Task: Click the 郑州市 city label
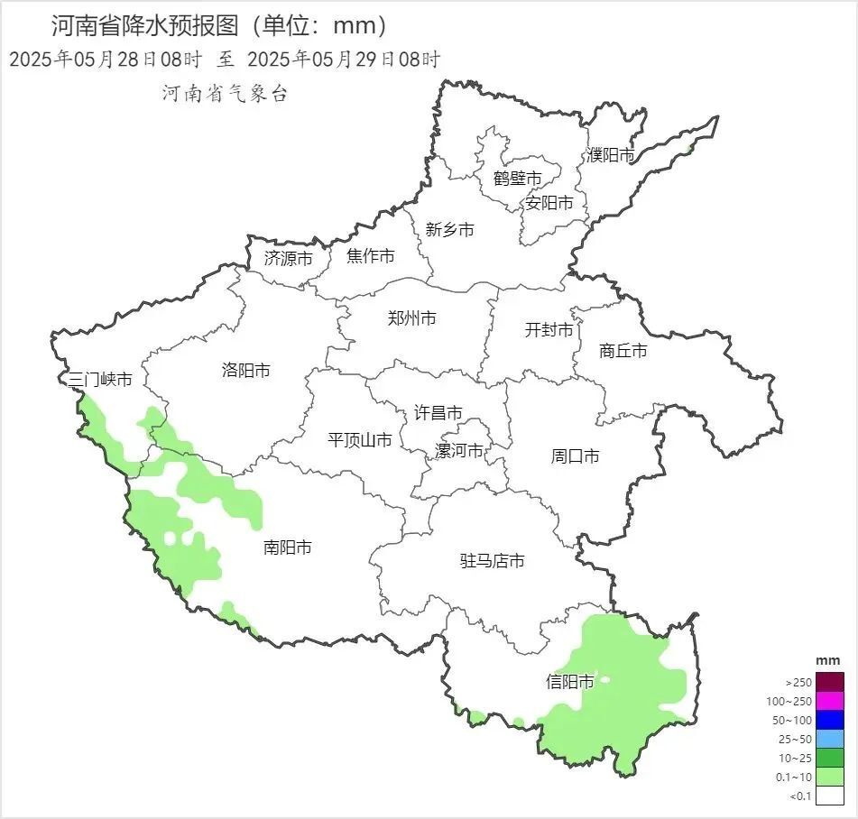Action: (x=411, y=318)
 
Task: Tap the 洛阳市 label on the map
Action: (x=245, y=370)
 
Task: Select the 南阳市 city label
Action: (x=288, y=548)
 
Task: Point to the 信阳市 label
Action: (x=570, y=682)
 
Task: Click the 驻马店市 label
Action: (x=493, y=561)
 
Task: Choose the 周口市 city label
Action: (x=575, y=456)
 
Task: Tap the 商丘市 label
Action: (x=623, y=351)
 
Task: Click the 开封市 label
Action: (x=549, y=330)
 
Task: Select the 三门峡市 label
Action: (x=101, y=380)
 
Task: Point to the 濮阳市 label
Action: (x=611, y=155)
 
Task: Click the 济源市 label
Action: (x=289, y=258)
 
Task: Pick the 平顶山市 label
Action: (x=360, y=440)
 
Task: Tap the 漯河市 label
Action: (x=459, y=450)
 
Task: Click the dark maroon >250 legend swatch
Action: (x=831, y=682)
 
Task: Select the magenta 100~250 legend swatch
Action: (x=831, y=701)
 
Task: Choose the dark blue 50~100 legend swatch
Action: (x=831, y=720)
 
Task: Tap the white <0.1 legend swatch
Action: (x=831, y=796)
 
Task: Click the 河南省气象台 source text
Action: (x=225, y=93)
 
